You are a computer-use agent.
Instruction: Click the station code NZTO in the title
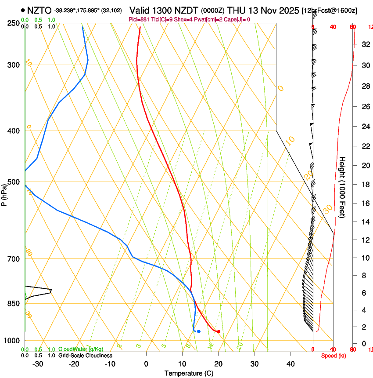pyautogui.click(x=39, y=10)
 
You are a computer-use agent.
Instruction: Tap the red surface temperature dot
pyautogui.click(x=219, y=331)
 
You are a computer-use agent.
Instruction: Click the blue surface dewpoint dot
pyautogui.click(x=199, y=331)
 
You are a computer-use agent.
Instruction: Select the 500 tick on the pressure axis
pyautogui.click(x=13, y=182)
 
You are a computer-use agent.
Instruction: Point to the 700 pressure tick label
pyautogui.click(x=13, y=259)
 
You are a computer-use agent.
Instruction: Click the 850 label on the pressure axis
pyautogui.click(x=13, y=304)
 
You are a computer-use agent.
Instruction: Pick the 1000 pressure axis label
pyautogui.click(x=11, y=341)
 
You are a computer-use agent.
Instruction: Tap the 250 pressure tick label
pyautogui.click(x=13, y=23)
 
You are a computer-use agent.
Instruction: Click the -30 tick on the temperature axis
pyautogui.click(x=38, y=364)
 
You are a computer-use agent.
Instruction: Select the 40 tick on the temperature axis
pyautogui.click(x=290, y=364)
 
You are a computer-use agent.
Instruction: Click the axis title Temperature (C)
pyautogui.click(x=190, y=373)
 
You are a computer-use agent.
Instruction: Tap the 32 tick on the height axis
pyautogui.click(x=365, y=44)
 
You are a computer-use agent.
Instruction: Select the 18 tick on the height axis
pyautogui.click(x=365, y=185)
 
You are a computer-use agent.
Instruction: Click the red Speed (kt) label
pyautogui.click(x=334, y=356)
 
